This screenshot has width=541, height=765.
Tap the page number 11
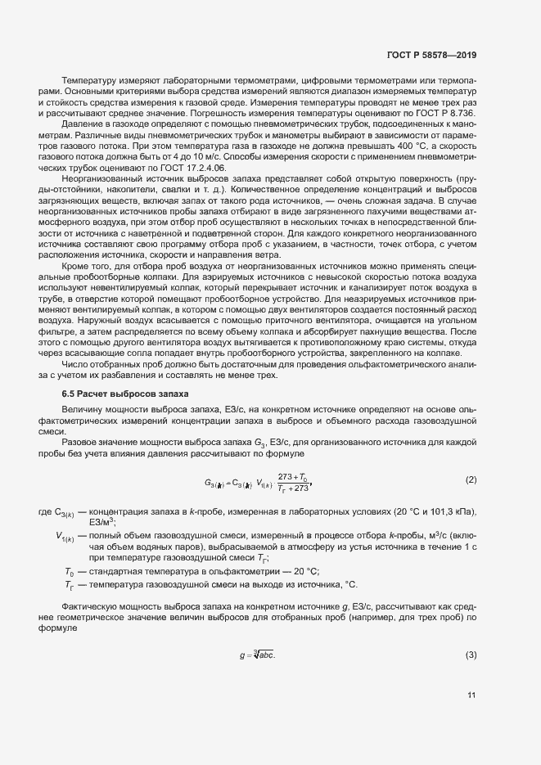coord(471,696)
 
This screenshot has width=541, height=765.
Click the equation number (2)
coord(471,479)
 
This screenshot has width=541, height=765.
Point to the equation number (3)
coord(471,655)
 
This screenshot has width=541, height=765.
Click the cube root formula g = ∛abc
coord(256,656)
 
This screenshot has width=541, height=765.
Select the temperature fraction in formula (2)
coord(292,482)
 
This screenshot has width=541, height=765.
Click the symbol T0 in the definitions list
coord(69,570)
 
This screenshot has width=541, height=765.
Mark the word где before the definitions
coord(44,512)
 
